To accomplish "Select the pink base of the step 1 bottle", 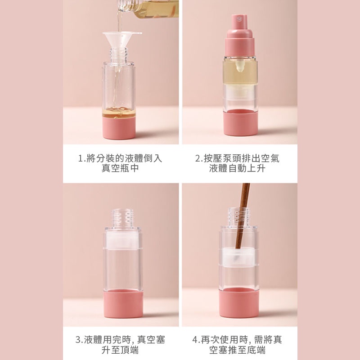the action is click(119, 128).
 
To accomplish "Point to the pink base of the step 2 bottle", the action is click(240, 122).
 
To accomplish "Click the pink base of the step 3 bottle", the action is click(123, 303).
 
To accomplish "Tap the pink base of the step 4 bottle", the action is click(239, 302).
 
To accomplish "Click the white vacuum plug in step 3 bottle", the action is click(122, 240).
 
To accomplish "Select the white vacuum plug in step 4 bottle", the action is click(239, 257).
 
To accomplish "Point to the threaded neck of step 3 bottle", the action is click(122, 218).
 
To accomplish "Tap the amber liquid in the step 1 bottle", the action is click(119, 112).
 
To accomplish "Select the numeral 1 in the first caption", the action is click(81, 158).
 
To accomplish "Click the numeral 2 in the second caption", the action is click(198, 158).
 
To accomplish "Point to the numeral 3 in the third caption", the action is click(78, 340).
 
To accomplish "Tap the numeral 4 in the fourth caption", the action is click(195, 340).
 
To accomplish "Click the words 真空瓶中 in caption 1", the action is click(120, 168).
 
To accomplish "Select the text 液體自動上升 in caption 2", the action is click(238, 168).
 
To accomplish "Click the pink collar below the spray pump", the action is click(240, 47).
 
